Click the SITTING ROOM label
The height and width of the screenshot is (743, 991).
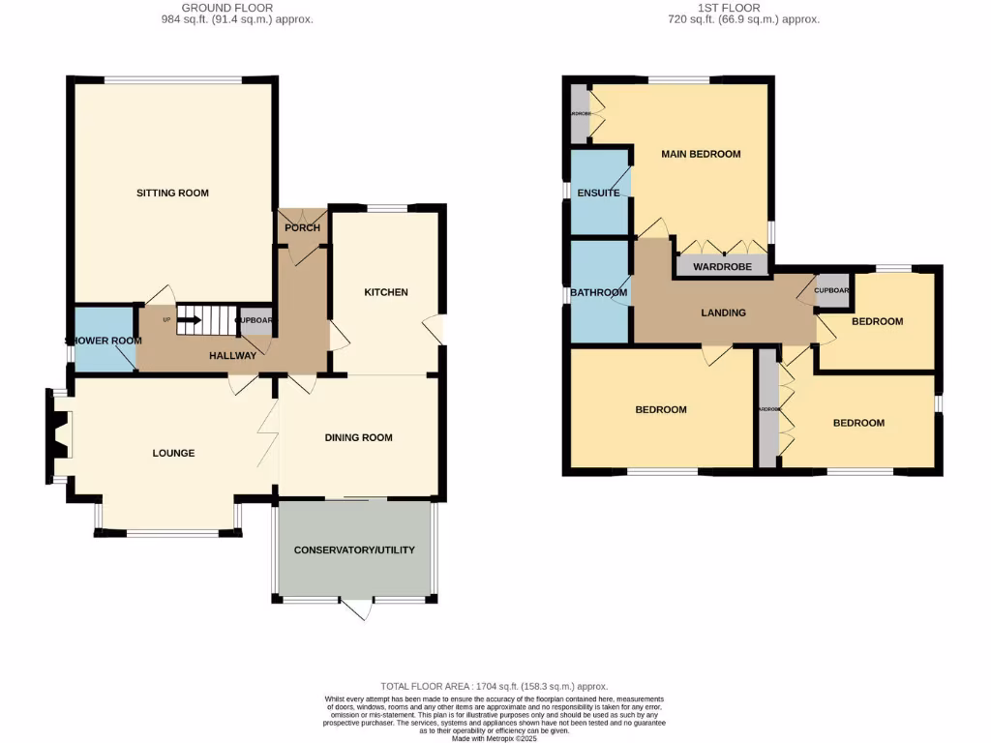click(x=172, y=193)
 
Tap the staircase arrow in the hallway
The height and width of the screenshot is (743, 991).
click(x=189, y=318)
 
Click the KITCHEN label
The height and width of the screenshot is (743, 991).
click(x=385, y=292)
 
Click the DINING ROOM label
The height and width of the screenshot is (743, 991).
click(x=358, y=437)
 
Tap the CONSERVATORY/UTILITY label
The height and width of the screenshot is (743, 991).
click(x=354, y=550)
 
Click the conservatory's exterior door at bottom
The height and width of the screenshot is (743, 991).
click(x=357, y=609)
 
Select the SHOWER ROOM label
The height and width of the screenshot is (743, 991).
click(x=104, y=341)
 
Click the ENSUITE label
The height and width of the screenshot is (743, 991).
click(x=598, y=193)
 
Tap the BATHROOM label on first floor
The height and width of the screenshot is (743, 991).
click(x=598, y=292)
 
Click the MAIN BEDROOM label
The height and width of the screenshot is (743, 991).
click(x=701, y=154)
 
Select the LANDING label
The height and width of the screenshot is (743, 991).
click(x=723, y=312)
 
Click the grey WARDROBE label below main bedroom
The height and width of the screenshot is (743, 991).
click(x=722, y=266)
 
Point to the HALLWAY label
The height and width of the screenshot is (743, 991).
click(x=233, y=355)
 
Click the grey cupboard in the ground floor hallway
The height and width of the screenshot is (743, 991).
click(x=256, y=321)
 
